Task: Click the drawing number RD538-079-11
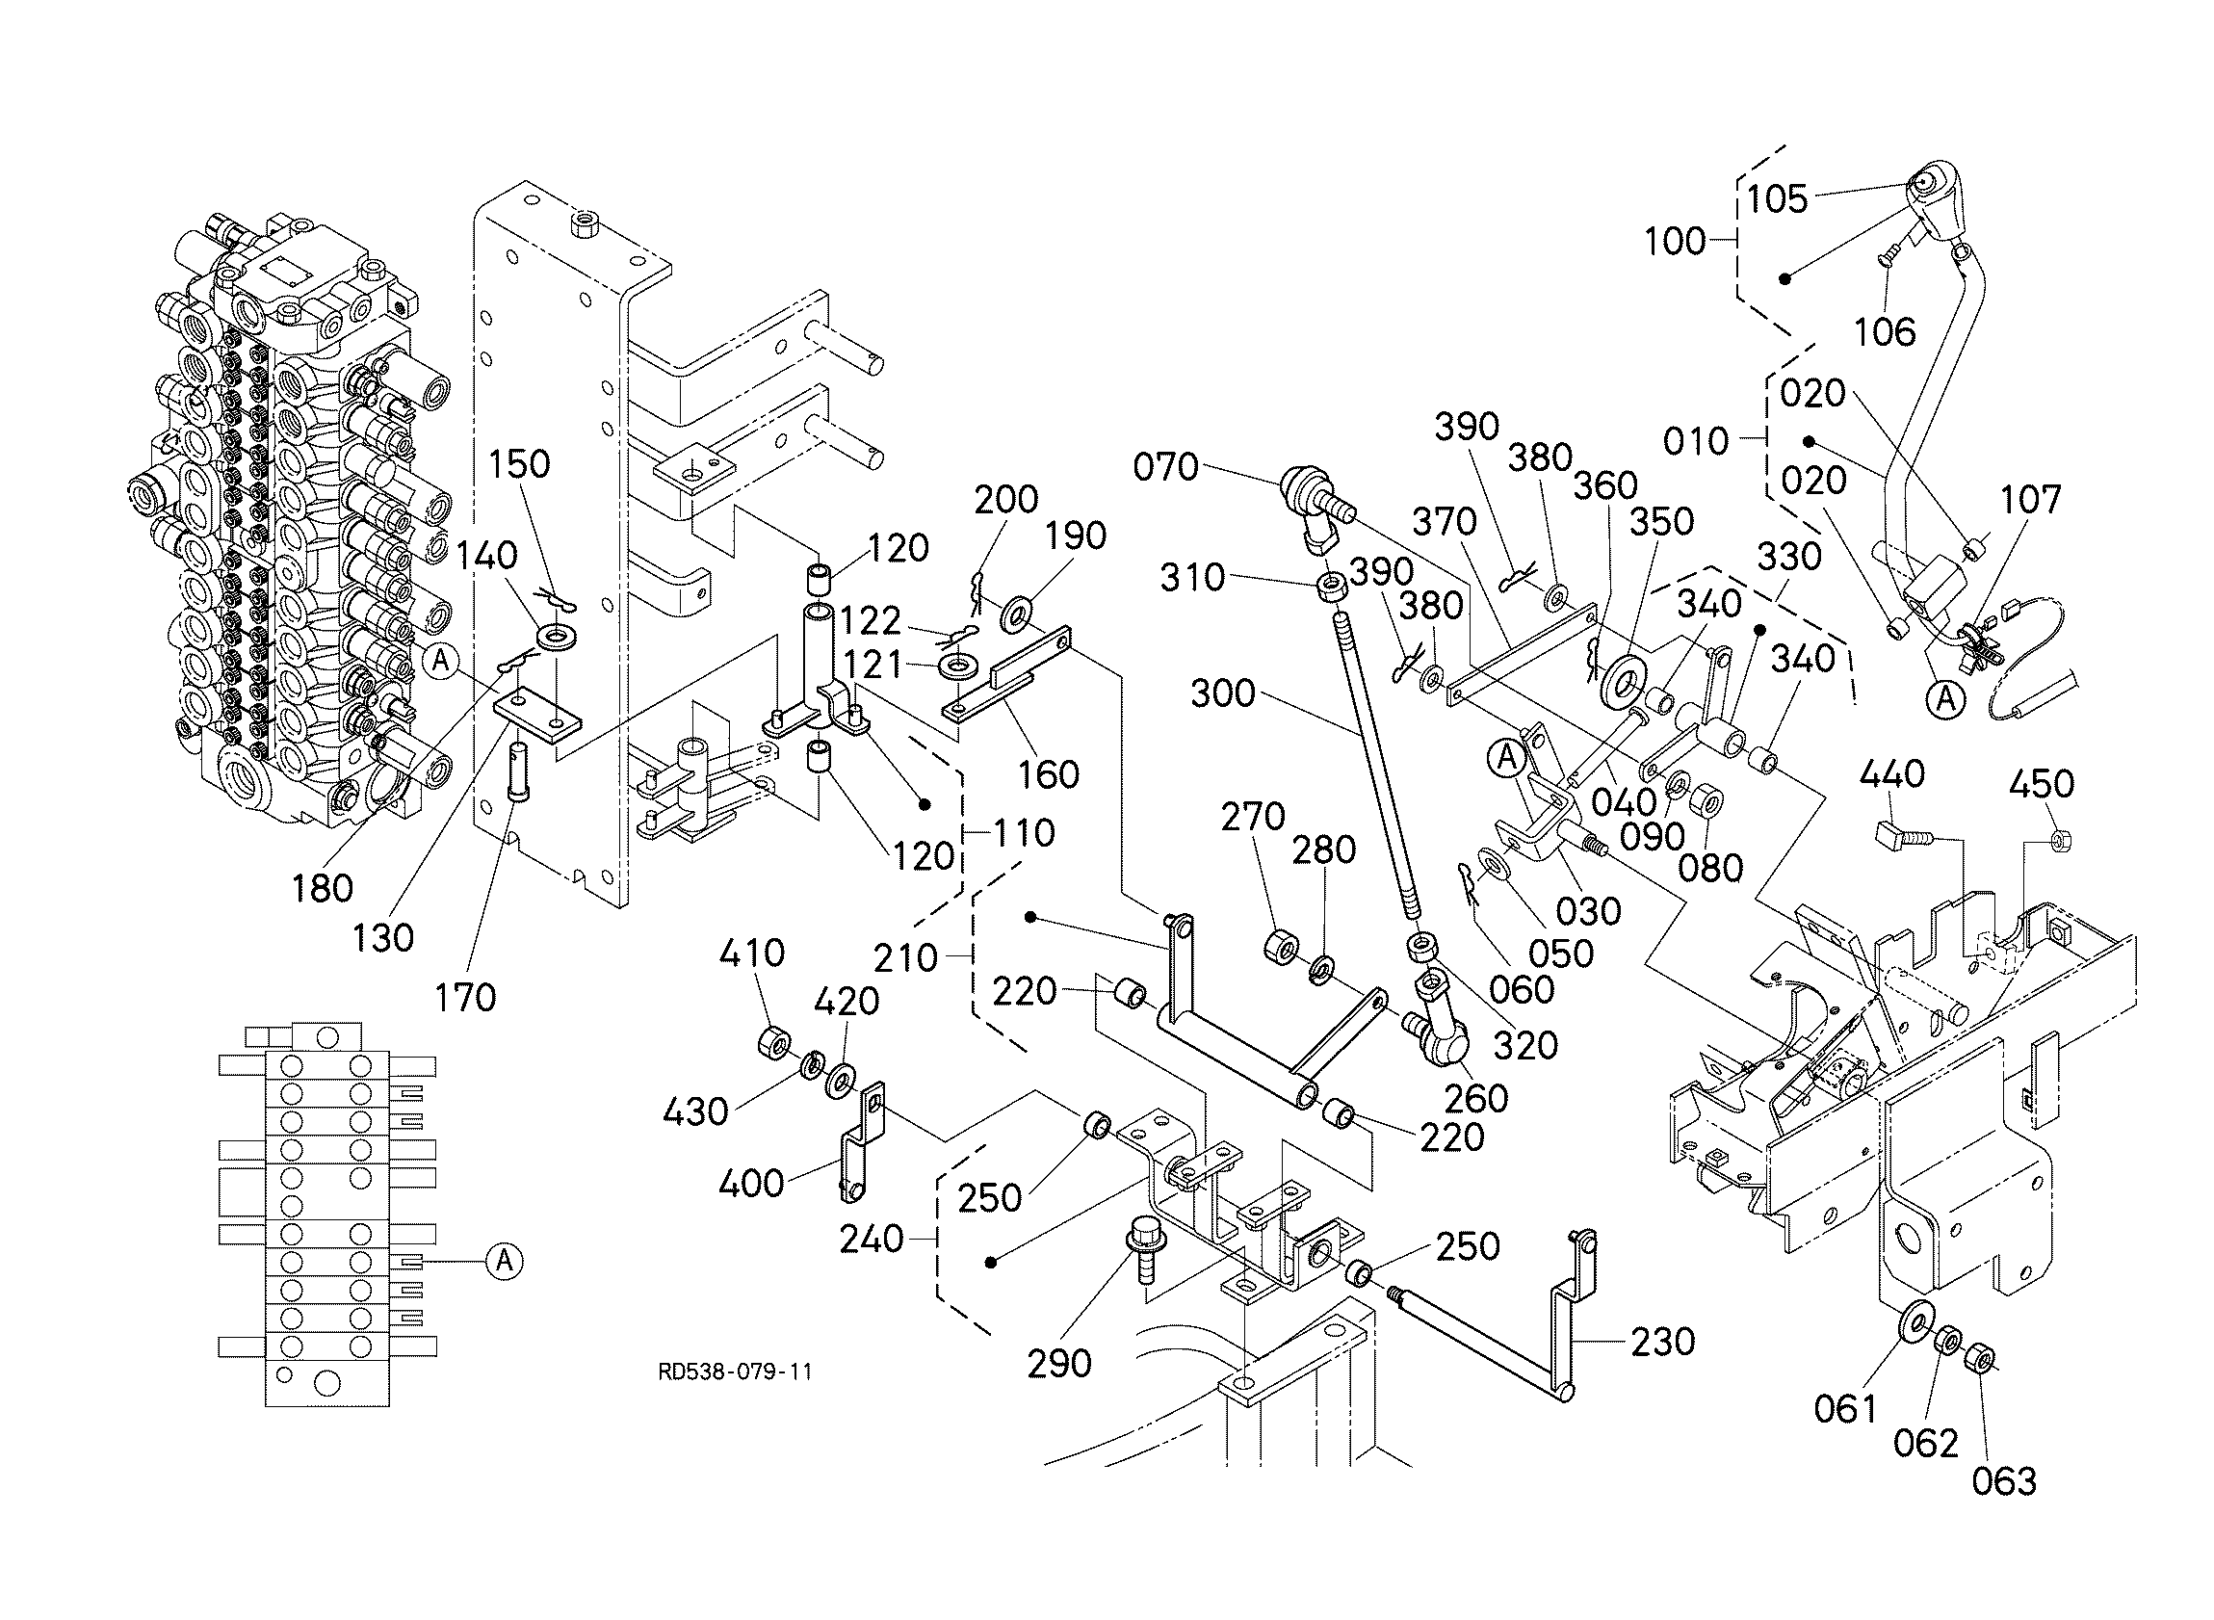click(x=735, y=1372)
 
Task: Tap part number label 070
click(x=1166, y=467)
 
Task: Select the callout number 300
click(x=1223, y=693)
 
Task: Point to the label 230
click(x=1663, y=1342)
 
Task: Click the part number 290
click(x=1059, y=1363)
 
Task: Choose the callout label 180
click(x=323, y=888)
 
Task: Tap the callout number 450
click(x=2042, y=784)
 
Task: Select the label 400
click(x=751, y=1184)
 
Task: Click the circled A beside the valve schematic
click(x=504, y=1260)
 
